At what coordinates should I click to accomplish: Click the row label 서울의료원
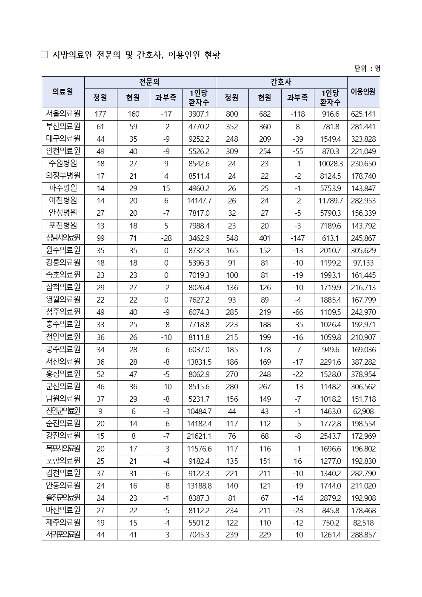pyautogui.click(x=63, y=114)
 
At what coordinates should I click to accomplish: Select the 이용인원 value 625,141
pyautogui.click(x=363, y=114)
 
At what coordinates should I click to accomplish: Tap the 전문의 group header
pyautogui.click(x=150, y=82)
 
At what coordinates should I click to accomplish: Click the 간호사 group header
pyautogui.click(x=281, y=82)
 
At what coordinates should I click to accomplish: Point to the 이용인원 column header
pyautogui.click(x=363, y=91)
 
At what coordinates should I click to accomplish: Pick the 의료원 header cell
pyautogui.click(x=63, y=91)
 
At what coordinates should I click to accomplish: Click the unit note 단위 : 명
pyautogui.click(x=367, y=68)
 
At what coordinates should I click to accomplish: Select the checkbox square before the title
pyautogui.click(x=44, y=55)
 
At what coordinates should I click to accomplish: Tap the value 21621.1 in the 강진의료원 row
pyautogui.click(x=199, y=436)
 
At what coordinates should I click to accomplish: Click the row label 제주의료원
pyautogui.click(x=63, y=522)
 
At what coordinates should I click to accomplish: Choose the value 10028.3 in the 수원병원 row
pyautogui.click(x=330, y=164)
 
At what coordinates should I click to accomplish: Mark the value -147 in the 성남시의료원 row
pyautogui.click(x=297, y=238)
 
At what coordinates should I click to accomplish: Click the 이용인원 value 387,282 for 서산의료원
pyautogui.click(x=363, y=362)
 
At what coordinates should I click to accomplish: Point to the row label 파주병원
pyautogui.click(x=63, y=188)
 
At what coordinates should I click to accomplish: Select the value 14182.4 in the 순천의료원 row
pyautogui.click(x=199, y=424)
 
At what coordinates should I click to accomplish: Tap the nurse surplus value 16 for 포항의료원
pyautogui.click(x=297, y=461)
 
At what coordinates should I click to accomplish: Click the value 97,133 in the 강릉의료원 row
pyautogui.click(x=363, y=263)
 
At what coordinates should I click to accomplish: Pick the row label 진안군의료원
pyautogui.click(x=63, y=411)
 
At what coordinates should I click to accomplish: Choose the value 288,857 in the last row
pyautogui.click(x=363, y=535)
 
